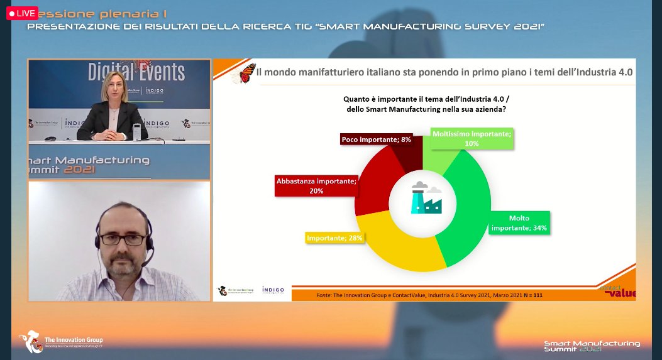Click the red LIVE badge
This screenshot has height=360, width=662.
(22, 13)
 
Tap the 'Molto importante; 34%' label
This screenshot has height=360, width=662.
(519, 223)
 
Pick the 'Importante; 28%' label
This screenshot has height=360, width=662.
(336, 238)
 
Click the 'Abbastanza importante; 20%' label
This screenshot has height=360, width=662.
(316, 185)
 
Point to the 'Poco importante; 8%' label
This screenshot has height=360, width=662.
(377, 139)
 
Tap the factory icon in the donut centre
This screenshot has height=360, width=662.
(426, 199)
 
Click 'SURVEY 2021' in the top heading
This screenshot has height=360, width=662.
(502, 26)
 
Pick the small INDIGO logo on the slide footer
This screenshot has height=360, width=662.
(273, 290)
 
